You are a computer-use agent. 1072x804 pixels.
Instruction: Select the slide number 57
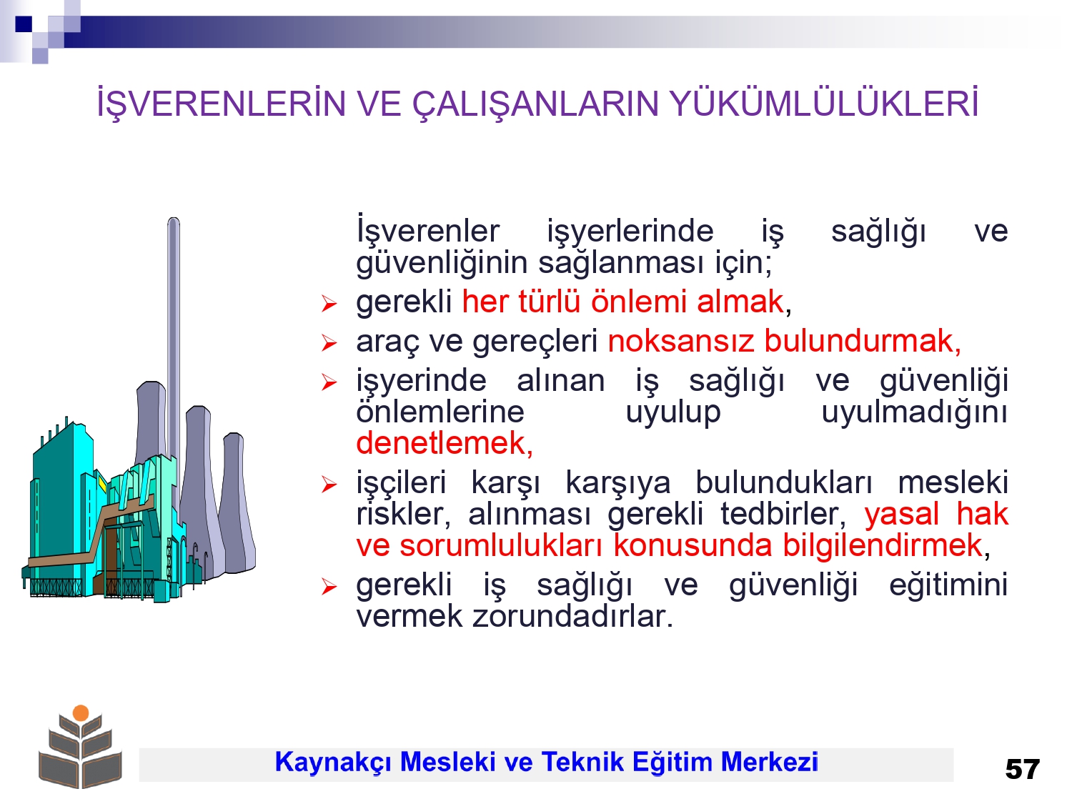coord(1023,770)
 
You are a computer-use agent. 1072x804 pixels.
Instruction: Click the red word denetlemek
coord(445,443)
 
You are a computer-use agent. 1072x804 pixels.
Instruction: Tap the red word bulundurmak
coord(863,341)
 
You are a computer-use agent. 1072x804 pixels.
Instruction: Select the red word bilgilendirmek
coord(883,545)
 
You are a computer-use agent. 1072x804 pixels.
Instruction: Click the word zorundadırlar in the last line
coord(572,616)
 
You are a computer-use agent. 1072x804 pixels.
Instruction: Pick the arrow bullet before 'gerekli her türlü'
coord(329,304)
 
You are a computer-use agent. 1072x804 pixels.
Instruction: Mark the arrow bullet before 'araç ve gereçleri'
coord(329,343)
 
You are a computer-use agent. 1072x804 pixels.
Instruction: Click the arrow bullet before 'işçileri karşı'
coord(329,485)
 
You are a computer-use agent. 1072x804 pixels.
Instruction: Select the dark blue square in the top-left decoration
coord(24,24)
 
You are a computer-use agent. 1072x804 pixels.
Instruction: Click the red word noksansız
coord(681,341)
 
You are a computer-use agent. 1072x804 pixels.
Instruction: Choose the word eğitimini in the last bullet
coord(948,585)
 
